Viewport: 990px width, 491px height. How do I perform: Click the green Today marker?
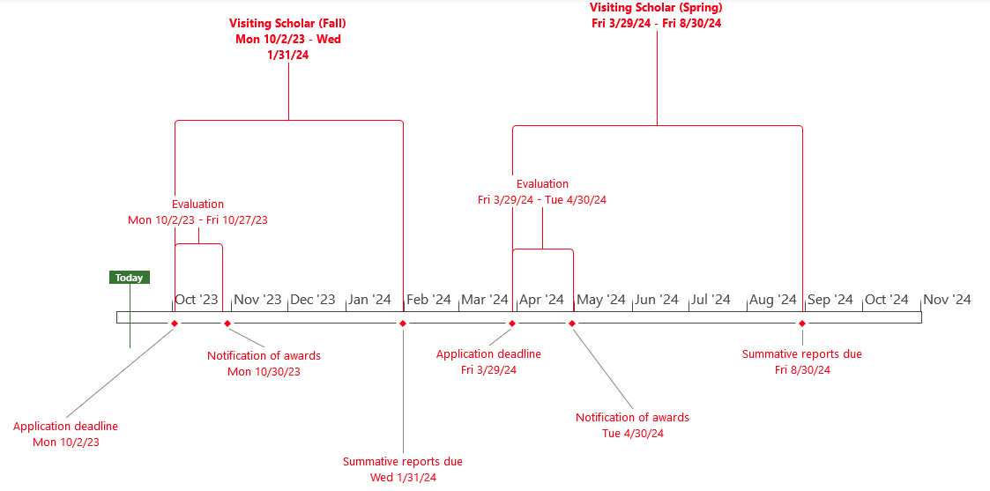point(129,278)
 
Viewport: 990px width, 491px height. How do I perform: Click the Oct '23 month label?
point(196,300)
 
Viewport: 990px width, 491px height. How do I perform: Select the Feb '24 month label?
point(429,300)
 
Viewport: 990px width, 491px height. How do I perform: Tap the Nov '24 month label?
point(947,300)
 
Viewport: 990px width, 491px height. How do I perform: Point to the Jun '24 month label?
point(657,300)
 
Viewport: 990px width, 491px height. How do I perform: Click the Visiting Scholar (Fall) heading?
point(288,24)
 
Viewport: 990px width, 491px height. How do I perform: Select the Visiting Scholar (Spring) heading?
point(656,8)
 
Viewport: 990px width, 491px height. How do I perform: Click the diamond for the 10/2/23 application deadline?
point(175,324)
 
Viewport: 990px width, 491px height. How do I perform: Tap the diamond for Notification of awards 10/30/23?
point(227,324)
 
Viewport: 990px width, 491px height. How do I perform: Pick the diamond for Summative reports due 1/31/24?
point(403,324)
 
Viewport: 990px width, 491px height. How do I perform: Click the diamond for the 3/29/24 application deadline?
point(512,324)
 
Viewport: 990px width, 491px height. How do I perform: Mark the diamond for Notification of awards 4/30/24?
point(572,324)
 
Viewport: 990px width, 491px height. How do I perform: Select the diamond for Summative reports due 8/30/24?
point(802,324)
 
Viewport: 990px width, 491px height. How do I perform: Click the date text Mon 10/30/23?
point(264,372)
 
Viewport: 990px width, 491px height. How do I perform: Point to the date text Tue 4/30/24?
point(632,434)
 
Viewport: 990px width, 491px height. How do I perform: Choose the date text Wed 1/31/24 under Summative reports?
point(403,478)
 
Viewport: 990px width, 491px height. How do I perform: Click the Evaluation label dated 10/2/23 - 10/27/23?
point(197,205)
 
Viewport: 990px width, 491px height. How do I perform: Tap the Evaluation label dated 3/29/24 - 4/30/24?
point(542,184)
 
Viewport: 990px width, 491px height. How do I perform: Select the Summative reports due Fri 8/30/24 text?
point(802,354)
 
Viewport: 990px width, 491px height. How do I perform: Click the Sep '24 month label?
point(830,300)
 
